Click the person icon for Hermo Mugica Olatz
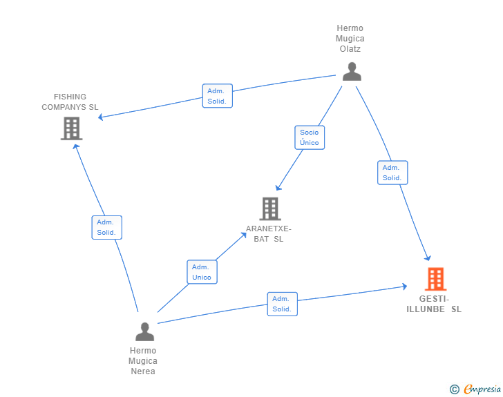click(352, 72)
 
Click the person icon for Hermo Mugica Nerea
click(144, 331)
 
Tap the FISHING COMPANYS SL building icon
click(71, 128)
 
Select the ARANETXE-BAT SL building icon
click(269, 209)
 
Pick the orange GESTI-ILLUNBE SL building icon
click(435, 279)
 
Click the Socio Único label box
click(310, 137)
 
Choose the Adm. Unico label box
click(202, 272)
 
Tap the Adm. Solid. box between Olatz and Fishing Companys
click(217, 96)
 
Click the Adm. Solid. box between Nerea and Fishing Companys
click(106, 227)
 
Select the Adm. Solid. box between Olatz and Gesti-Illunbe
click(392, 173)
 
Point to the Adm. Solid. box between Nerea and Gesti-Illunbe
click(282, 304)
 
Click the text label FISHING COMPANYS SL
click(70, 102)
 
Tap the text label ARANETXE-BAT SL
click(269, 234)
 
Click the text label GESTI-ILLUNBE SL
click(434, 304)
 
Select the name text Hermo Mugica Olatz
click(350, 39)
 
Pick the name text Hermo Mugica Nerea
click(143, 360)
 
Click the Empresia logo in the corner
click(482, 389)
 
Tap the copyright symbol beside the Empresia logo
click(454, 390)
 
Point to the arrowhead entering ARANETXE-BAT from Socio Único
click(278, 187)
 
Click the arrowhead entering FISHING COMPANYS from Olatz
click(101, 117)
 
